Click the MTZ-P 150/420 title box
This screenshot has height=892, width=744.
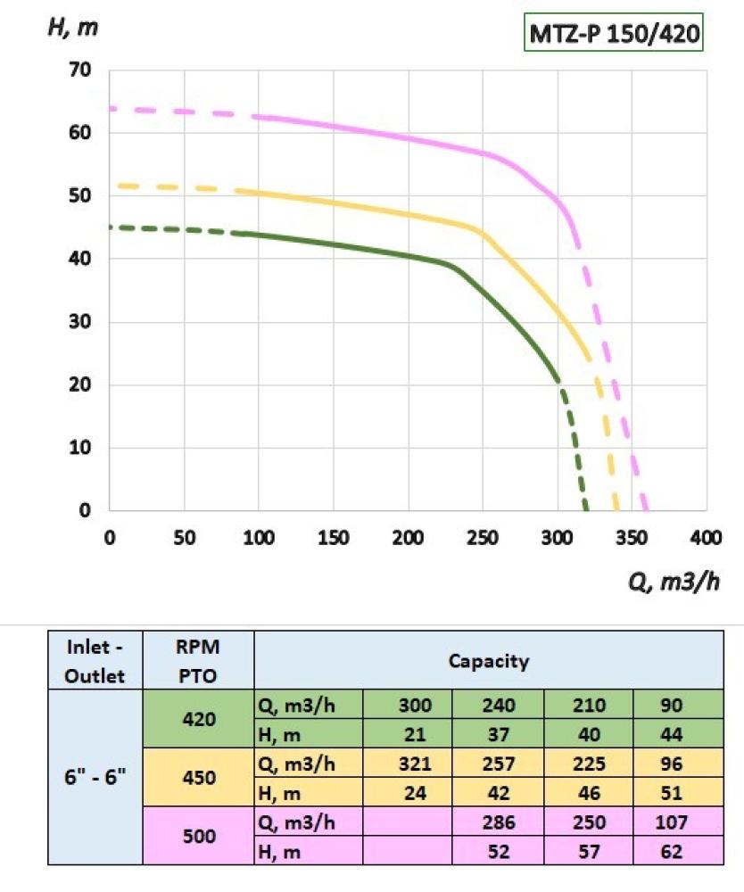[613, 34]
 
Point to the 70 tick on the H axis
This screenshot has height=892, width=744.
[81, 70]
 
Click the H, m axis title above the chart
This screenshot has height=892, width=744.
[72, 26]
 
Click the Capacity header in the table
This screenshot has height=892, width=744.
[488, 661]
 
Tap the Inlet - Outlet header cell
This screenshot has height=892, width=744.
[95, 662]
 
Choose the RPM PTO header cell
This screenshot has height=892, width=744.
[198, 662]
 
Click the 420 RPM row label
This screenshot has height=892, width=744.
[198, 718]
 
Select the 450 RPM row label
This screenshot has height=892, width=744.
[198, 777]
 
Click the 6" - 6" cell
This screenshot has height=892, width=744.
[95, 777]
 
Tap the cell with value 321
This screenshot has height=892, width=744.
[415, 764]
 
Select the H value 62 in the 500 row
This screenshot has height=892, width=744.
[672, 850]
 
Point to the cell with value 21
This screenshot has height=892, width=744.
[415, 733]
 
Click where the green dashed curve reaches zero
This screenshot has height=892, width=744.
[586, 509]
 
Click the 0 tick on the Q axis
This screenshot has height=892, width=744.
[109, 538]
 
